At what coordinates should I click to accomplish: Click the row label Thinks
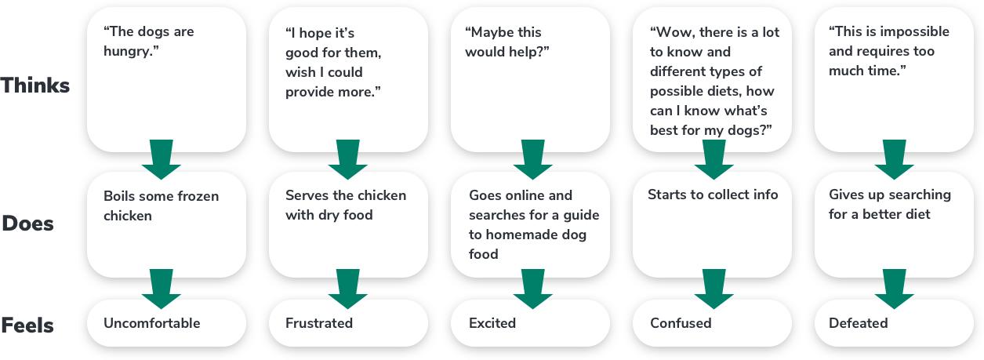click(x=36, y=85)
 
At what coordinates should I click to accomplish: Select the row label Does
click(x=28, y=224)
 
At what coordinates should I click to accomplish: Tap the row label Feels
click(x=28, y=324)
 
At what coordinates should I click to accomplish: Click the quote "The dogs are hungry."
click(x=149, y=42)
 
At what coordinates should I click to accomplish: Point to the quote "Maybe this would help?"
click(x=506, y=42)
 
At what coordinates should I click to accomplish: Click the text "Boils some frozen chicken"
click(x=161, y=205)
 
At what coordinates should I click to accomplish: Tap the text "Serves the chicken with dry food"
click(x=346, y=205)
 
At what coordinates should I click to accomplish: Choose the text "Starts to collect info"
click(x=713, y=195)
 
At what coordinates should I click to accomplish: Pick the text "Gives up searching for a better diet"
click(x=890, y=204)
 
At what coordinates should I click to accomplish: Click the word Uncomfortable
click(x=152, y=323)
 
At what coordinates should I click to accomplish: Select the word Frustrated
click(x=319, y=323)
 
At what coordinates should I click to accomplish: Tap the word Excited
click(x=492, y=323)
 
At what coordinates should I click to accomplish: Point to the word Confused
click(x=681, y=323)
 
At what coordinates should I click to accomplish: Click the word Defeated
click(x=859, y=323)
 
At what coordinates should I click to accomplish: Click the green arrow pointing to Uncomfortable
click(x=162, y=289)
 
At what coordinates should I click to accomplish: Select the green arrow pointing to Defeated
click(x=895, y=289)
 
